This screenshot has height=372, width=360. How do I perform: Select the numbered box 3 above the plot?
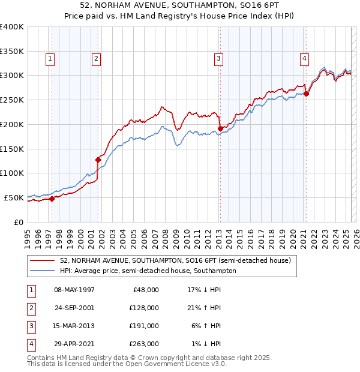pos(218,58)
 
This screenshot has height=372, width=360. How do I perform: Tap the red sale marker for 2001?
pos(98,160)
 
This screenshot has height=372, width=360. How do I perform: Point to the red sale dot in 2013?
pos(220,128)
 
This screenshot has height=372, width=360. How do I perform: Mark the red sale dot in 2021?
pos(306,93)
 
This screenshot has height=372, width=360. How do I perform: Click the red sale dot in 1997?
pos(52,199)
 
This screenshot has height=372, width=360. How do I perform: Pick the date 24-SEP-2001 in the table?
pos(74,308)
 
